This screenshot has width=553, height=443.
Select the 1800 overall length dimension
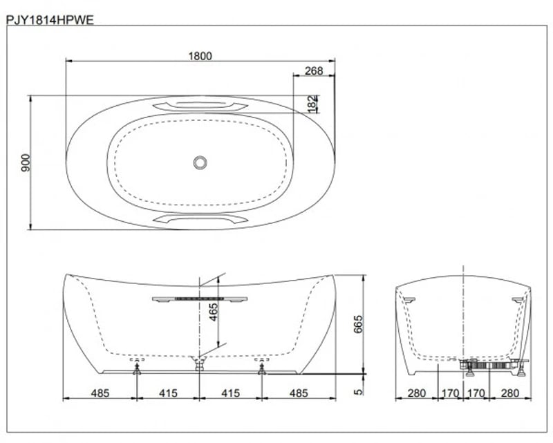[200, 56]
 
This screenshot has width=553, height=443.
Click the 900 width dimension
[24, 163]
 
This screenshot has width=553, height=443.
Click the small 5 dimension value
[357, 391]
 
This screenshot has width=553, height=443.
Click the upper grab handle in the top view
[200, 106]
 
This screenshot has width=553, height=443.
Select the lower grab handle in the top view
[200, 218]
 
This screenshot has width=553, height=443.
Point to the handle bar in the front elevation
[199, 299]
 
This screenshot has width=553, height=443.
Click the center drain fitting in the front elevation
[199, 363]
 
